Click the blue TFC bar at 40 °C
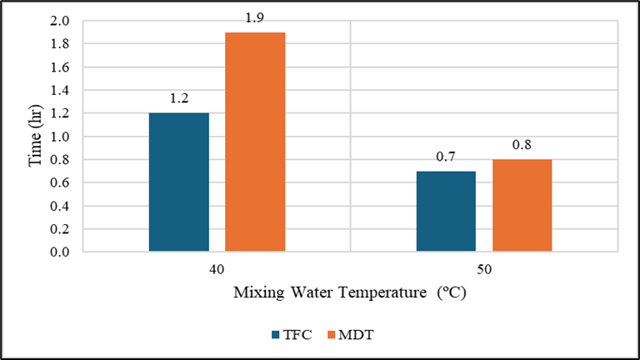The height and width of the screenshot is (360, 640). [x=178, y=182]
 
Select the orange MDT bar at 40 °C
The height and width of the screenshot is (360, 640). [x=255, y=142]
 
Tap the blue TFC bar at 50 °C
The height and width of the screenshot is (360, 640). [x=446, y=211]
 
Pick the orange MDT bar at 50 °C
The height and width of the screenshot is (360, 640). [x=522, y=205]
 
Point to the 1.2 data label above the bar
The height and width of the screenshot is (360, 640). [x=178, y=99]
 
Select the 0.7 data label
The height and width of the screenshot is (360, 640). [x=446, y=157]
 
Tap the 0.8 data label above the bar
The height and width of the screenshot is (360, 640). [x=522, y=145]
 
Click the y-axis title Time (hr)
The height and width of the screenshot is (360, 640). [x=36, y=136]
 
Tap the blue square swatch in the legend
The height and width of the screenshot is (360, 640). [x=276, y=335]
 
